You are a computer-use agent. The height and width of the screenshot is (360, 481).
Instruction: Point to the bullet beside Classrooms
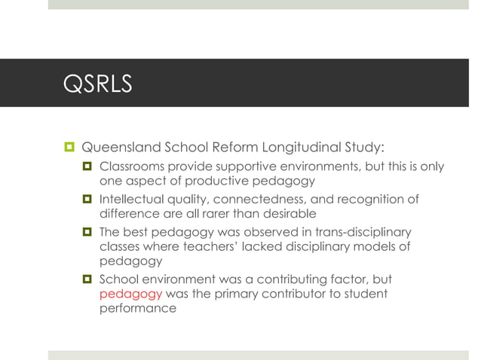(x=87, y=166)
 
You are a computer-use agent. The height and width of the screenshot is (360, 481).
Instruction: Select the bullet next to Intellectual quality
(x=87, y=199)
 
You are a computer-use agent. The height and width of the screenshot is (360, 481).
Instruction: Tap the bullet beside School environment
(x=87, y=279)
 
